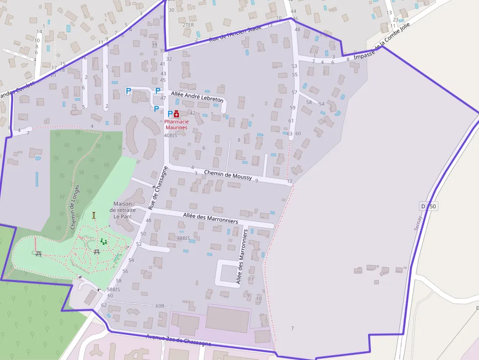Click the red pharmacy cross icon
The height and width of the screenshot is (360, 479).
coord(176,114)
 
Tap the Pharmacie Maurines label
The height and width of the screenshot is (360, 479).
coord(176,125)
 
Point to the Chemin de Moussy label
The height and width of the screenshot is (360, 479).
coord(228,175)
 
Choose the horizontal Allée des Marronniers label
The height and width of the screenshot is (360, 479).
coord(210,218)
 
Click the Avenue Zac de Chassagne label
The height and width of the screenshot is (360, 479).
coord(178,340)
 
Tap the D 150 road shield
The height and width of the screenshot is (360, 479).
coord(428,207)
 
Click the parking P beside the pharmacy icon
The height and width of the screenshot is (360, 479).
coord(170,114)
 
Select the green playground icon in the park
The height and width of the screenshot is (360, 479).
coord(104,241)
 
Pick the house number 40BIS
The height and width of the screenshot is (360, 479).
coord(170,135)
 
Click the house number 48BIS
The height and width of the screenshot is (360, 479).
coord(183,238)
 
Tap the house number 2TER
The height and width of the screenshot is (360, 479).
coord(188,24)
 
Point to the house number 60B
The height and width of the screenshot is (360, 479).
coord(160,306)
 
